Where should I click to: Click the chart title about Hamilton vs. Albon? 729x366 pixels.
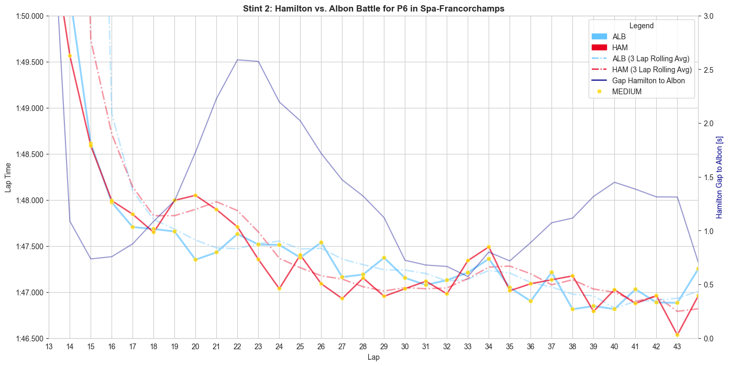pyautogui.click(x=373, y=8)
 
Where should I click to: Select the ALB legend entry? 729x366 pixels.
pyautogui.click(x=619, y=37)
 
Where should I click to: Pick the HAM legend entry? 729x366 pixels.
pyautogui.click(x=620, y=48)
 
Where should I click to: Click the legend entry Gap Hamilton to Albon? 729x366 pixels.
pyautogui.click(x=648, y=81)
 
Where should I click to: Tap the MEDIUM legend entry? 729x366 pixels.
pyautogui.click(x=626, y=92)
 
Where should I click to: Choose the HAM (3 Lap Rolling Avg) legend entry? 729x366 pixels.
pyautogui.click(x=652, y=70)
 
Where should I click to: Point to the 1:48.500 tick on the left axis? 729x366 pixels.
pyautogui.click(x=30, y=154)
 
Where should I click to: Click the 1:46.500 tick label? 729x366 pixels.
pyautogui.click(x=30, y=339)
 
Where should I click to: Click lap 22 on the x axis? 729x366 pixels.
pyautogui.click(x=237, y=347)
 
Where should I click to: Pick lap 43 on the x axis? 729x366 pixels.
pyautogui.click(x=677, y=347)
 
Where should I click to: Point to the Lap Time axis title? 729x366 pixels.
pyautogui.click(x=8, y=177)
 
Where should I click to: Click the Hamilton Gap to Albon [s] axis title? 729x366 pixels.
pyautogui.click(x=719, y=177)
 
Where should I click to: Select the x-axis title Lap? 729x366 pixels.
pyautogui.click(x=373, y=357)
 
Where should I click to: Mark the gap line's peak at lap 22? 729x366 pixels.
pyautogui.click(x=237, y=60)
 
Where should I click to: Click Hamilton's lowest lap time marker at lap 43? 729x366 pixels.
pyautogui.click(x=677, y=335)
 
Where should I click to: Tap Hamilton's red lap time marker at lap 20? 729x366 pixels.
pyautogui.click(x=195, y=195)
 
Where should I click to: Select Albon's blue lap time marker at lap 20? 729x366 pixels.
pyautogui.click(x=195, y=260)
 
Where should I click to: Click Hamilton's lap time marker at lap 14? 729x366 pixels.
pyautogui.click(x=70, y=56)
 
